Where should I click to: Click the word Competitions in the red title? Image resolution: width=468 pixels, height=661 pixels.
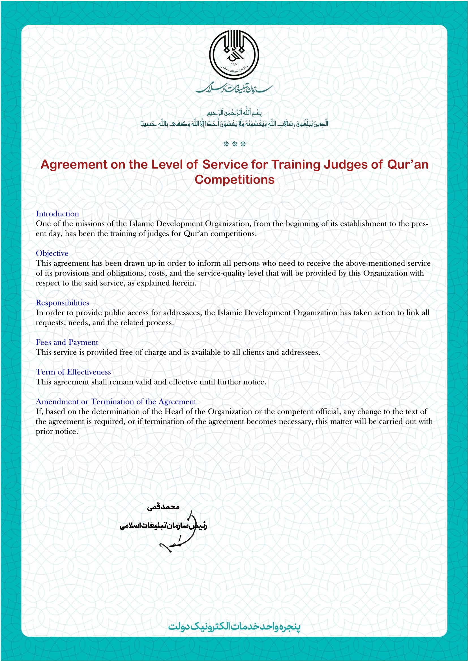(x=234, y=180)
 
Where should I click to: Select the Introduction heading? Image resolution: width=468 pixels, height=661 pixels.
(x=57, y=214)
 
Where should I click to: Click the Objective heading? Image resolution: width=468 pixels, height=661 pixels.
(x=52, y=253)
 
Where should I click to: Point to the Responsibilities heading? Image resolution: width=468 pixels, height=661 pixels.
(x=62, y=303)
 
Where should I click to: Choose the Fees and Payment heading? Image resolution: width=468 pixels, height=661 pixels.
(x=67, y=342)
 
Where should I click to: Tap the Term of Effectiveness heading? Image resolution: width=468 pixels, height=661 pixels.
(x=73, y=372)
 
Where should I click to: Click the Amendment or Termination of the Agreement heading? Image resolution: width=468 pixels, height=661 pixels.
(x=116, y=402)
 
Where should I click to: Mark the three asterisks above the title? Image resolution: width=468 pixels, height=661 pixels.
(x=234, y=144)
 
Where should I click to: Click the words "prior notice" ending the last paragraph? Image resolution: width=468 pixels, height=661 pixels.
(x=57, y=432)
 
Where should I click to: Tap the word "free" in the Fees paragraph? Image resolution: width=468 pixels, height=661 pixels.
(x=126, y=352)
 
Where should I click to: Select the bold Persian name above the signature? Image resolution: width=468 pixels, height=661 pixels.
(x=163, y=507)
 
